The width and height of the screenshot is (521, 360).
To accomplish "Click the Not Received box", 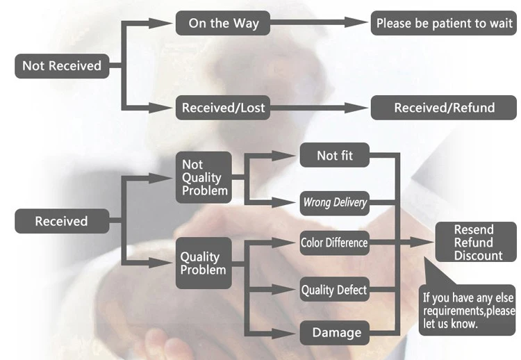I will point(62,66).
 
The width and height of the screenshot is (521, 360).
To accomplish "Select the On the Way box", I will point(224,23).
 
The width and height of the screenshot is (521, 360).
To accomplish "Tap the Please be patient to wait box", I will point(443,23).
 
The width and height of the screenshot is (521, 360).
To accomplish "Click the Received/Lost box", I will point(224,108).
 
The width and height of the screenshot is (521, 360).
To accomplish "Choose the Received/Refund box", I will point(444,108).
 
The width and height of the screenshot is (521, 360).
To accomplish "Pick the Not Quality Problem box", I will point(203,177).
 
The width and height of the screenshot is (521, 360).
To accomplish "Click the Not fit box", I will point(335,155).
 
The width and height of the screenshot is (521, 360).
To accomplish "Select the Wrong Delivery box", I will point(335,203).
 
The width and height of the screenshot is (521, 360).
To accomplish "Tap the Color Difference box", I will point(334,243).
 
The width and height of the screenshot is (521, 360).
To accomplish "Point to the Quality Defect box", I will point(334,289).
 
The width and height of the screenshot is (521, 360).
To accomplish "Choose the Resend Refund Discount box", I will point(474,243).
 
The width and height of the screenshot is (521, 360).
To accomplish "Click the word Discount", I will point(479,256).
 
